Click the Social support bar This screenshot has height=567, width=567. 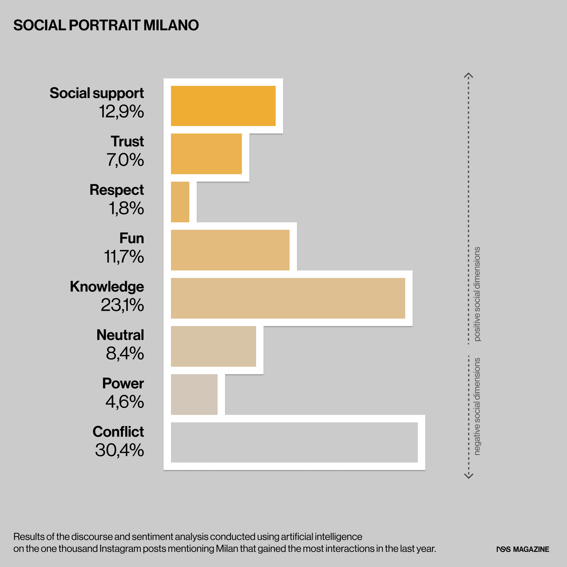(x=223, y=106)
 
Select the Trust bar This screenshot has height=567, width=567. (x=206, y=154)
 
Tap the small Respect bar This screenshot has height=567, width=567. (x=180, y=202)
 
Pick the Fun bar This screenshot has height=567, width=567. (x=230, y=250)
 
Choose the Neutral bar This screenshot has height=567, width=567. (x=213, y=346)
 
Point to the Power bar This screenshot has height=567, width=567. (x=194, y=394)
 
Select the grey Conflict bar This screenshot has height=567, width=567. (x=294, y=443)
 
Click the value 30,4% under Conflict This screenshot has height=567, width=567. (x=119, y=450)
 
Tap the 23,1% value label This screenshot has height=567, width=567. (x=122, y=305)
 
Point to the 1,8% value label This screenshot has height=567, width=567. (x=126, y=208)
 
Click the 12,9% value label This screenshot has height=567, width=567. (x=121, y=112)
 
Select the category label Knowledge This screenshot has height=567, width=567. (x=107, y=286)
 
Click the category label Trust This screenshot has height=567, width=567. (x=127, y=141)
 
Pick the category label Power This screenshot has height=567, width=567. (x=123, y=383)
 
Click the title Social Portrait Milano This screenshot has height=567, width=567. (x=106, y=25)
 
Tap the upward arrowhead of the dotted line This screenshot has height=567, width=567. (x=468, y=75)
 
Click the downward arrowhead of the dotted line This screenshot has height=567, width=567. (x=469, y=475)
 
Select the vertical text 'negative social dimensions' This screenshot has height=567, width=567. (x=477, y=407)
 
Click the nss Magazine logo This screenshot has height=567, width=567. (x=523, y=549)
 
